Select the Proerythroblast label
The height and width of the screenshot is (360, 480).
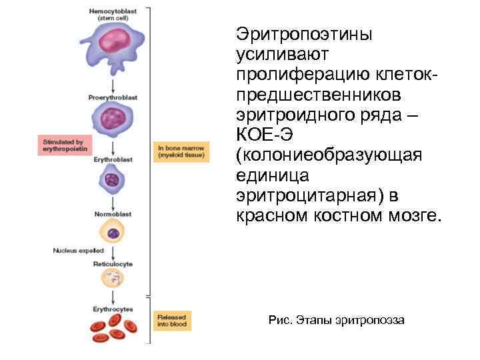(x=113, y=97)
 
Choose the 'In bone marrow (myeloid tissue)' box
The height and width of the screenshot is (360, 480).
(x=180, y=151)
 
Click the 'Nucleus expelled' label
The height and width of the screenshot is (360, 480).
(x=79, y=251)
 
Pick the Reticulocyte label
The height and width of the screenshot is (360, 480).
(x=113, y=265)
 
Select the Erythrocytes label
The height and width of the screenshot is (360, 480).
(x=113, y=309)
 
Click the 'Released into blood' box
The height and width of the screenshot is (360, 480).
(x=172, y=321)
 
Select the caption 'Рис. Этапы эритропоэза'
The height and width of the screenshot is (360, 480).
(x=335, y=321)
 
